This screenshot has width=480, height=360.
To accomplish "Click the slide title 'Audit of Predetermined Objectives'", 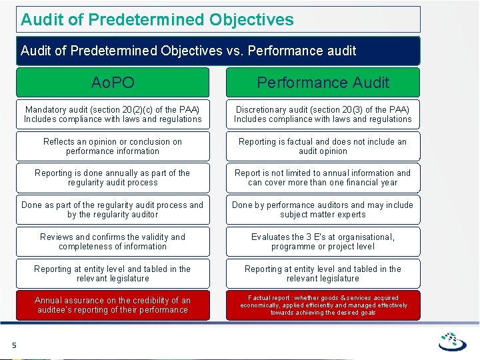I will (157, 19).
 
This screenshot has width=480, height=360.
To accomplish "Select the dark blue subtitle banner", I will (218, 51).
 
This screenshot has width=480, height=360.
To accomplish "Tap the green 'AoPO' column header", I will (113, 83).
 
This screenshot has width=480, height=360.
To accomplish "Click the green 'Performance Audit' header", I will (323, 83).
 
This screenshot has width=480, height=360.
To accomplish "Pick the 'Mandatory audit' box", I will (113, 114).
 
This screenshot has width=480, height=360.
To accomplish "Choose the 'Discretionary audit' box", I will (323, 114).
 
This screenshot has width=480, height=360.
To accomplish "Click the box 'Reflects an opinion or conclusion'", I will (113, 146).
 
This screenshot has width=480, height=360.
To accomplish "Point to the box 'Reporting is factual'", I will (323, 146).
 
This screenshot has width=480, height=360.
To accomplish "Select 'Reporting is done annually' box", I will (113, 177).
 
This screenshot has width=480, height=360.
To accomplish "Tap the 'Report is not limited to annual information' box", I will (323, 177).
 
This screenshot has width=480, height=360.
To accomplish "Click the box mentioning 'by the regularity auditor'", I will (113, 209).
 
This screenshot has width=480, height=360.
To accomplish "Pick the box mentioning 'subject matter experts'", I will (323, 209).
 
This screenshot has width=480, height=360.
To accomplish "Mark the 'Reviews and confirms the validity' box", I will (113, 241).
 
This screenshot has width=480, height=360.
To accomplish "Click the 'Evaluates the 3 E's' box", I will (323, 241).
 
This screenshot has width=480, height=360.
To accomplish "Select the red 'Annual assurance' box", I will (113, 305).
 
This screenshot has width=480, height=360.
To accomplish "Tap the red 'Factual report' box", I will (323, 305).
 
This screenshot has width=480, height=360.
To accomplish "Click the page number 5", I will (13, 345).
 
